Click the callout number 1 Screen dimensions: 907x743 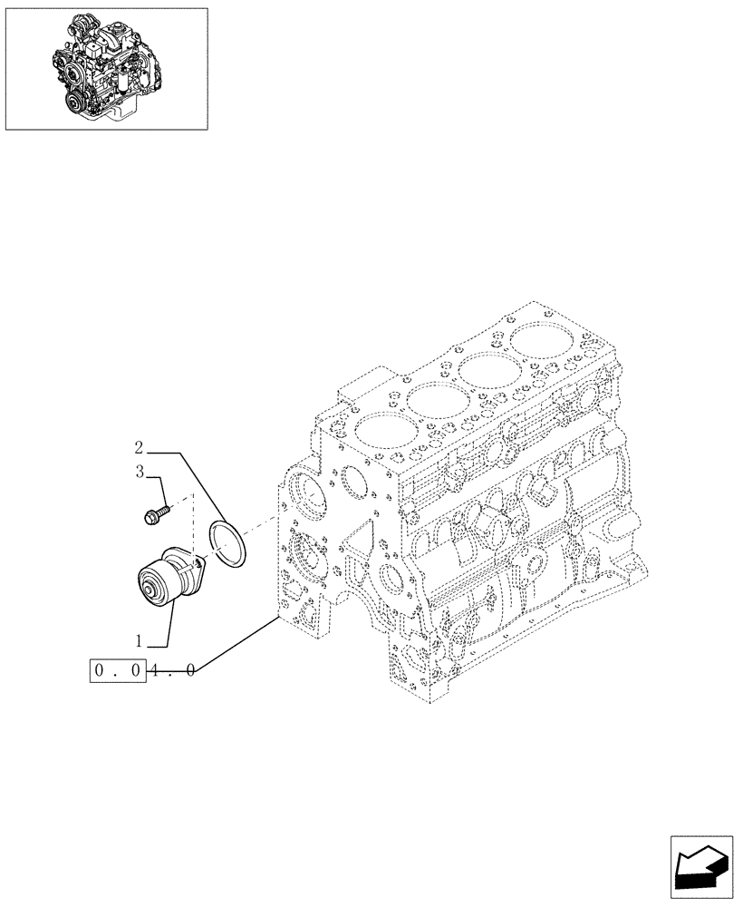click(x=140, y=640)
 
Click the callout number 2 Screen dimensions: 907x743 click(x=139, y=447)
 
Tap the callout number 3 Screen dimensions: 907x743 click(x=140, y=472)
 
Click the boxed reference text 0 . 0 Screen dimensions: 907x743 click(x=118, y=672)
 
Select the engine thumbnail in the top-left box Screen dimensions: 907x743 click(x=106, y=68)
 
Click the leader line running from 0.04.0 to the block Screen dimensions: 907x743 click(x=236, y=645)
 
